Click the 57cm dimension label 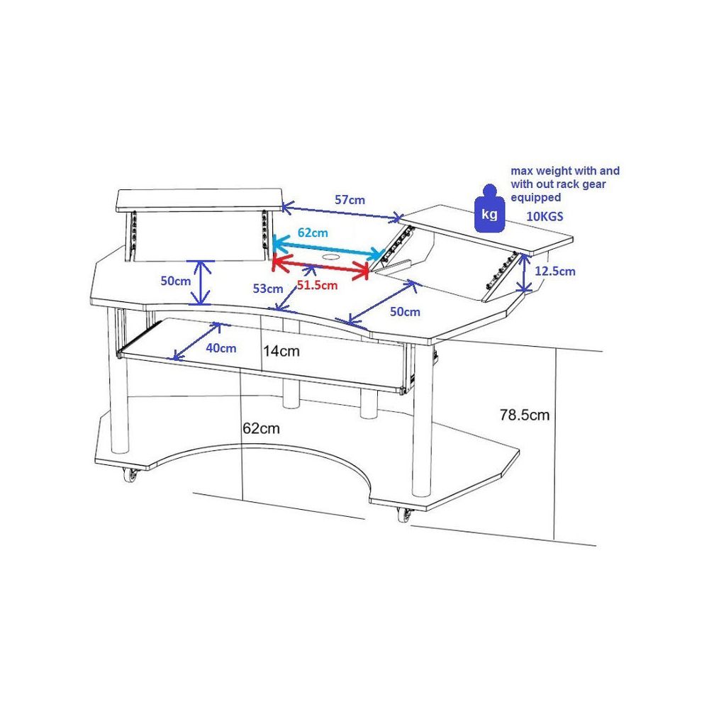pos(350,200)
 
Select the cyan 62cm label pos(312,233)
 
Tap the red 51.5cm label pos(317,286)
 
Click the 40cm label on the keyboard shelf pos(220,347)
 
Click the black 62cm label pos(261,428)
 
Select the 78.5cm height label pos(524,415)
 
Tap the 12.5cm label pos(555,271)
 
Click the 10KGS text pos(545,216)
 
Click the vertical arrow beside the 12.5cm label pos(524,274)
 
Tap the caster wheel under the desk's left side pos(130,475)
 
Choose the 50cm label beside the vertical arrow pos(174,281)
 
